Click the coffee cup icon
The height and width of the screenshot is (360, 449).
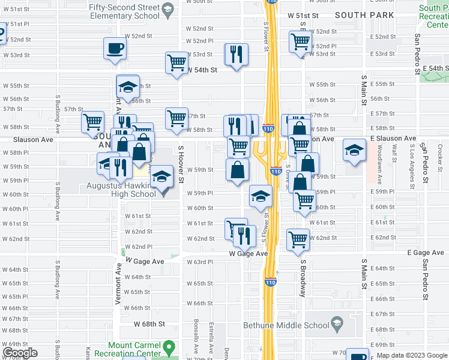click(114, 49)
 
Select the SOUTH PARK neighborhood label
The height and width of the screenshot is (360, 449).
click(364, 15)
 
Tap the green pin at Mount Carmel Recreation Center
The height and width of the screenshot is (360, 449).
click(169, 347)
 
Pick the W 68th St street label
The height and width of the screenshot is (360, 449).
click(149, 325)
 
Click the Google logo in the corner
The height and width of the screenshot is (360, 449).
click(19, 353)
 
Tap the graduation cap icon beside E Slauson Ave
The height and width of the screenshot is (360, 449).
click(354, 150)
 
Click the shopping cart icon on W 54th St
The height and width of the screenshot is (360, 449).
click(177, 63)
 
